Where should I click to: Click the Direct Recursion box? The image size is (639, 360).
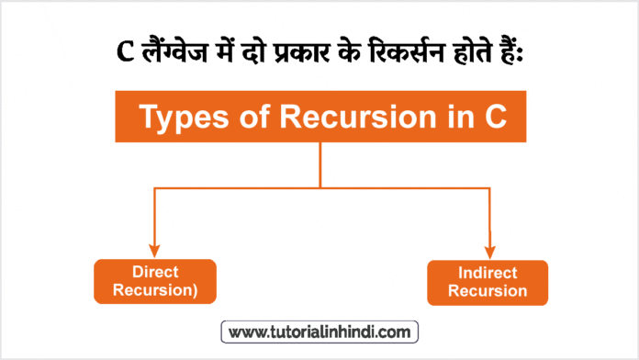click(154, 281)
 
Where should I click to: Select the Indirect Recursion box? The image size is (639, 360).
click(488, 283)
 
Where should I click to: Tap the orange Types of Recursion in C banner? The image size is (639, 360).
click(319, 118)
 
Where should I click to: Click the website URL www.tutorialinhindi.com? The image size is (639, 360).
click(320, 330)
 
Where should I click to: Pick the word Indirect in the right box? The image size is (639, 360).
click(488, 274)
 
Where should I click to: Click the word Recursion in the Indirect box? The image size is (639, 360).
click(488, 292)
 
